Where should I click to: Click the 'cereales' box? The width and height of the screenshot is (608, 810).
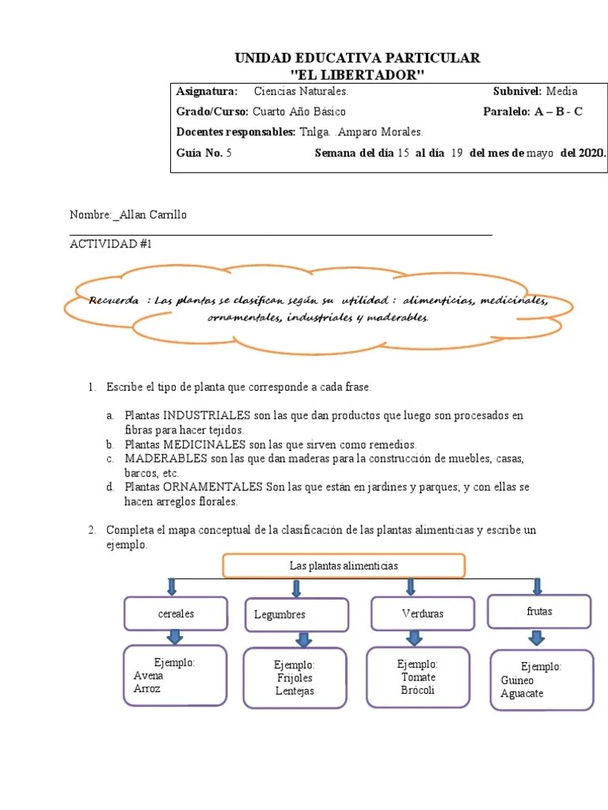coord(176,613)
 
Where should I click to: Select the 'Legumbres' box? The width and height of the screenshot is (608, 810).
coord(296,615)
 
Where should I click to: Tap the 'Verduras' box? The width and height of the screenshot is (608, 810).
coord(423,613)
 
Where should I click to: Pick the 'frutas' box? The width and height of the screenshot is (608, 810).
coord(539,611)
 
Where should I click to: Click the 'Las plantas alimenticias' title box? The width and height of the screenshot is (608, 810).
coord(344,566)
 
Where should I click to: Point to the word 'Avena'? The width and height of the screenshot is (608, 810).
coord(149,676)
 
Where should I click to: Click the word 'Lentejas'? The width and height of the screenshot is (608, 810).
coord(294,691)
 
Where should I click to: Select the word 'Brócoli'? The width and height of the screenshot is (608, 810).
coord(418,690)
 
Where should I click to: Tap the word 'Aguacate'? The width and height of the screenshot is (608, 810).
coord(522,694)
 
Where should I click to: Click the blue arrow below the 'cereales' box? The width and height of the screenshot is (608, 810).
coord(175,637)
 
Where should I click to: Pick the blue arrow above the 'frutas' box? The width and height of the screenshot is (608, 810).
coord(538,587)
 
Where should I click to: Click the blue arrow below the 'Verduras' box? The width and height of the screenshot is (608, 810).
coord(413,638)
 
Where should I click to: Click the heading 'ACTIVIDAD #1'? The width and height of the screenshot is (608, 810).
coord(110,244)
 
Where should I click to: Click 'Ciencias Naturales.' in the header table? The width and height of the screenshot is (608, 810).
coord(300,92)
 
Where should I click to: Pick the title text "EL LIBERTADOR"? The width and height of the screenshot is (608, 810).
coord(358,74)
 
